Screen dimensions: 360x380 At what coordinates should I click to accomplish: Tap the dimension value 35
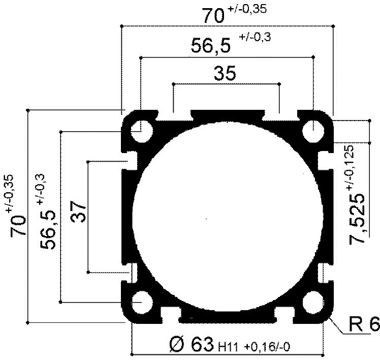(x=225, y=74)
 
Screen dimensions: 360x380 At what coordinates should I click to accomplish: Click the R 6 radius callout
(x=364, y=324)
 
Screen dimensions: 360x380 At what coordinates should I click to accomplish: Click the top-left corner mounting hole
(x=142, y=132)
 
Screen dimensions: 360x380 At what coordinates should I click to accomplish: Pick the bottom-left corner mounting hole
(x=142, y=303)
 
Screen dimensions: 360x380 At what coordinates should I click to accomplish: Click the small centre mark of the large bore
(x=207, y=219)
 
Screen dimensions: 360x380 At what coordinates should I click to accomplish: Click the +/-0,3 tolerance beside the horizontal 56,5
(x=255, y=37)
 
